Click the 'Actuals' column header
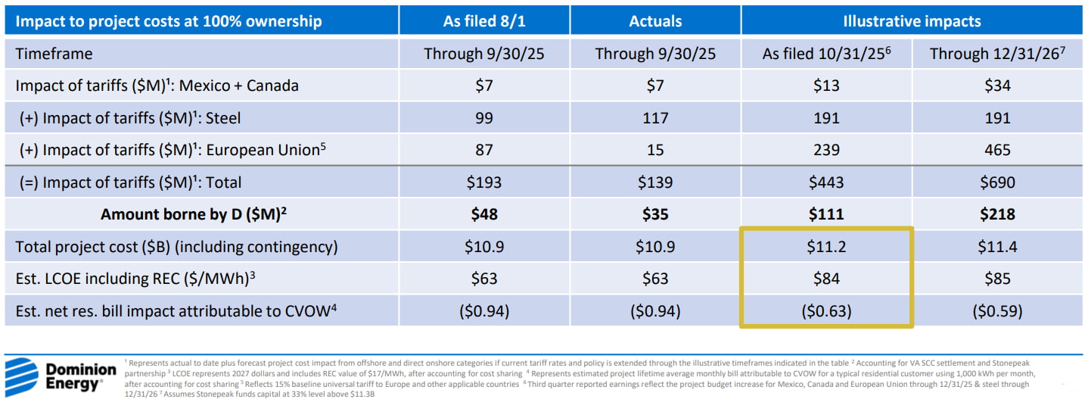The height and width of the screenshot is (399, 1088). pyautogui.click(x=655, y=21)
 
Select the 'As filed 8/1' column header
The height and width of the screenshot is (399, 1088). pyautogui.click(x=483, y=21)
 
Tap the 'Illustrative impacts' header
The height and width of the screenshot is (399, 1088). pyautogui.click(x=912, y=21)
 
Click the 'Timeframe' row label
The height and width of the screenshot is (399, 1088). pyautogui.click(x=54, y=54)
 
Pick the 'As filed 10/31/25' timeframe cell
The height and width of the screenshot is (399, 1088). pyautogui.click(x=826, y=53)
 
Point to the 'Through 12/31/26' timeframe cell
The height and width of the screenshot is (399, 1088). pyautogui.click(x=997, y=53)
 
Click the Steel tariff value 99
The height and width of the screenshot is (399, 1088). pyautogui.click(x=483, y=118)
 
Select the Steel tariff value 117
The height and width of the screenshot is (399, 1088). pyautogui.click(x=655, y=118)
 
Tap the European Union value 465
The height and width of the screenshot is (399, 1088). pyautogui.click(x=997, y=150)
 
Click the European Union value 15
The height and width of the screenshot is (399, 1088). pyautogui.click(x=655, y=150)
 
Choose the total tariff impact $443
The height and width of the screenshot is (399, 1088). pyautogui.click(x=826, y=182)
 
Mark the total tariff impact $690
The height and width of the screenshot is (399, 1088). pyautogui.click(x=997, y=182)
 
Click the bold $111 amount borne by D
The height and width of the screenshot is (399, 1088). pyautogui.click(x=826, y=214)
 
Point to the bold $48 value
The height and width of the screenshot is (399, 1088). pyautogui.click(x=483, y=214)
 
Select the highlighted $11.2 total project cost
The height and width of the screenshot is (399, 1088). pyautogui.click(x=826, y=246)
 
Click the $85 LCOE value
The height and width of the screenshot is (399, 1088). pyautogui.click(x=997, y=279)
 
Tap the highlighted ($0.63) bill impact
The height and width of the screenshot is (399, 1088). pyautogui.click(x=826, y=311)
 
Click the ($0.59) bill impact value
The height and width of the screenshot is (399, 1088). pyautogui.click(x=997, y=311)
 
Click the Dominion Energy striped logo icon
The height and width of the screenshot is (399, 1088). pyautogui.click(x=21, y=376)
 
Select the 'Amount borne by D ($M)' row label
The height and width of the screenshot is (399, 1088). pyautogui.click(x=194, y=214)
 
